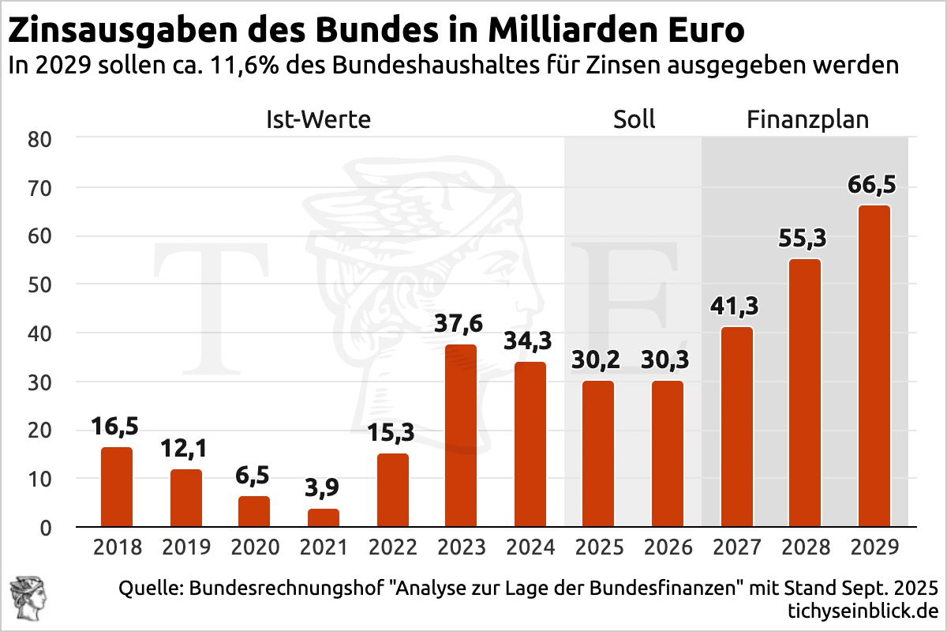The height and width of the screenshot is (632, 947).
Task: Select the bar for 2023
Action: pos(461,436)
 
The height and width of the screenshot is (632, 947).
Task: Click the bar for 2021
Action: pos(324,518)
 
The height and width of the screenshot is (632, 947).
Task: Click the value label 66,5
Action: pos(873,185)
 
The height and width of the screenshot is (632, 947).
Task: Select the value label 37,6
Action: pos(461,324)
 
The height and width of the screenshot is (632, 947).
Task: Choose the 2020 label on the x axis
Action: pos(254,547)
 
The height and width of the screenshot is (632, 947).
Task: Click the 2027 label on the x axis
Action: pos(736,547)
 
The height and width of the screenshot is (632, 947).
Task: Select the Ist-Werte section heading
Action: pos(318,120)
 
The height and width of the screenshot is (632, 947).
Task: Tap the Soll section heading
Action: pos(634,120)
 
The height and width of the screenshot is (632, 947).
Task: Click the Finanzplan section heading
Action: pos(807,120)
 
